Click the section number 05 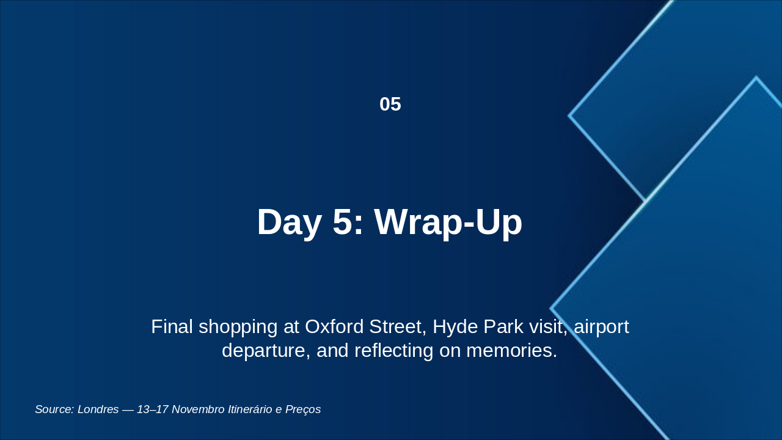click(390, 104)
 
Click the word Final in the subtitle click(172, 327)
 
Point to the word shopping click(238, 328)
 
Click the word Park click(503, 327)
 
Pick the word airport click(601, 328)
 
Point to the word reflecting click(394, 351)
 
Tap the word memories click(511, 350)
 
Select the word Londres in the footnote click(98, 409)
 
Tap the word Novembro click(199, 409)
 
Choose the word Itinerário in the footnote click(250, 409)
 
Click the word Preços click(303, 409)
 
